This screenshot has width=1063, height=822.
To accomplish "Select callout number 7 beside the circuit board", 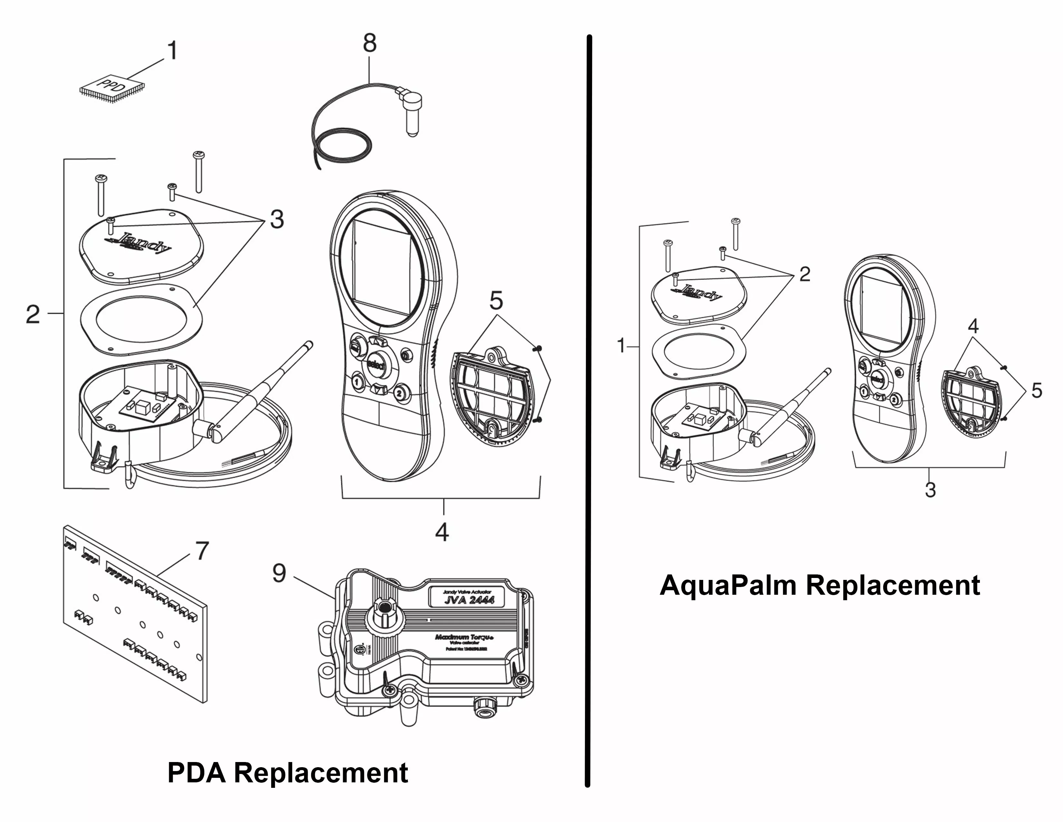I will tap(202, 551).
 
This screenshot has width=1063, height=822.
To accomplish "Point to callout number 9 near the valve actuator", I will tap(279, 573).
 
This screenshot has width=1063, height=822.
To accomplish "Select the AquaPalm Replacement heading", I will tap(820, 585).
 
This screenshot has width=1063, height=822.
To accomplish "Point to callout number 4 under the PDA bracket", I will tap(441, 532).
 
